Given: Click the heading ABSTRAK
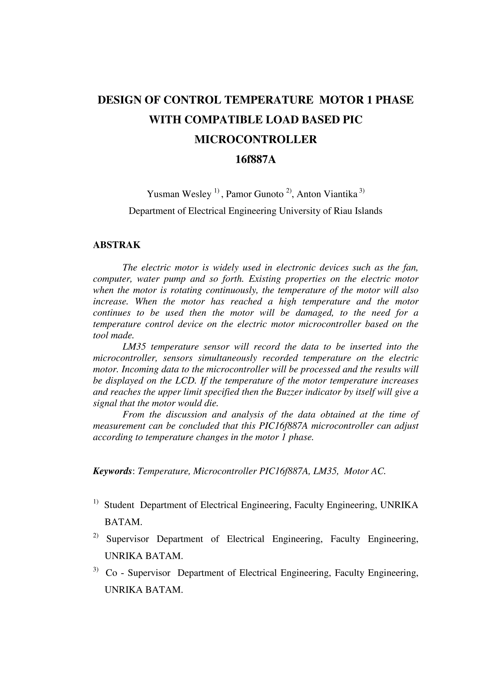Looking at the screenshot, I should pyautogui.click(x=117, y=245).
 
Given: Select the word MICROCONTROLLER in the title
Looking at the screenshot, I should pyautogui.click(x=256, y=140).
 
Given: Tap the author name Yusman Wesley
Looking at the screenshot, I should pyautogui.click(x=179, y=195).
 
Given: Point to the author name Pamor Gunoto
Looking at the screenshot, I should pyautogui.click(x=255, y=195).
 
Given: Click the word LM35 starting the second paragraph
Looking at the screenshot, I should pyautogui.click(x=134, y=347).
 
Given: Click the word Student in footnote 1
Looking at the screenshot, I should pyautogui.click(x=119, y=505).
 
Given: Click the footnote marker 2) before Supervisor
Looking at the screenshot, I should pyautogui.click(x=96, y=535).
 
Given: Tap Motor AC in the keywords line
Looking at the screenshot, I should pyautogui.click(x=364, y=471).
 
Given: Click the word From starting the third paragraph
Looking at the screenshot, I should pyautogui.click(x=133, y=415).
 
